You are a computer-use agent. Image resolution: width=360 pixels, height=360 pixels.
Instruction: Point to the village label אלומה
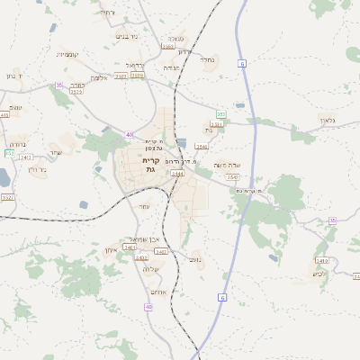tap(101, 77)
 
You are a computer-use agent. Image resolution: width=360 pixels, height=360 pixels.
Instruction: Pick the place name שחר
tap(56, 152)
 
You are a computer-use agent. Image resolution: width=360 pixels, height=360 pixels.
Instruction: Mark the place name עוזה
tap(144, 206)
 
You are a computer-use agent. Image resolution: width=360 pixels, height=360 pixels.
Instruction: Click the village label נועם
tap(195, 258)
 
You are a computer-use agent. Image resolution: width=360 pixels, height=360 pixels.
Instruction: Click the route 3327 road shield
tap(8, 196)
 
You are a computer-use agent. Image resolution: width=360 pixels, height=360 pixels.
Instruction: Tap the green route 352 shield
tap(220, 115)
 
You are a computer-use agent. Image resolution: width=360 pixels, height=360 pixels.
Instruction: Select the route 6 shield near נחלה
tap(242, 63)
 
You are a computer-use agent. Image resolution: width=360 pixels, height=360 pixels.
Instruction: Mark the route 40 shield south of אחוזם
tap(148, 307)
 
